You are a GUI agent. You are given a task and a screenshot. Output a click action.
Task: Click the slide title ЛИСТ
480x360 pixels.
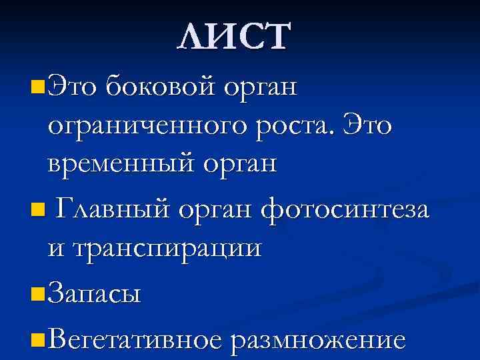click(234, 37)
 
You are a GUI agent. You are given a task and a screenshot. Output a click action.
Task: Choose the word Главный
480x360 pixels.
click(115, 211)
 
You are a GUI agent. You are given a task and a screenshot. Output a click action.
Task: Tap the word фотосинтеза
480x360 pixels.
click(346, 211)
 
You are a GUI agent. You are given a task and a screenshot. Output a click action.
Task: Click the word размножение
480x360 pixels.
click(317, 341)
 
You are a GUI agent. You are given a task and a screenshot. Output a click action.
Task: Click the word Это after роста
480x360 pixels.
click(369, 125)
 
